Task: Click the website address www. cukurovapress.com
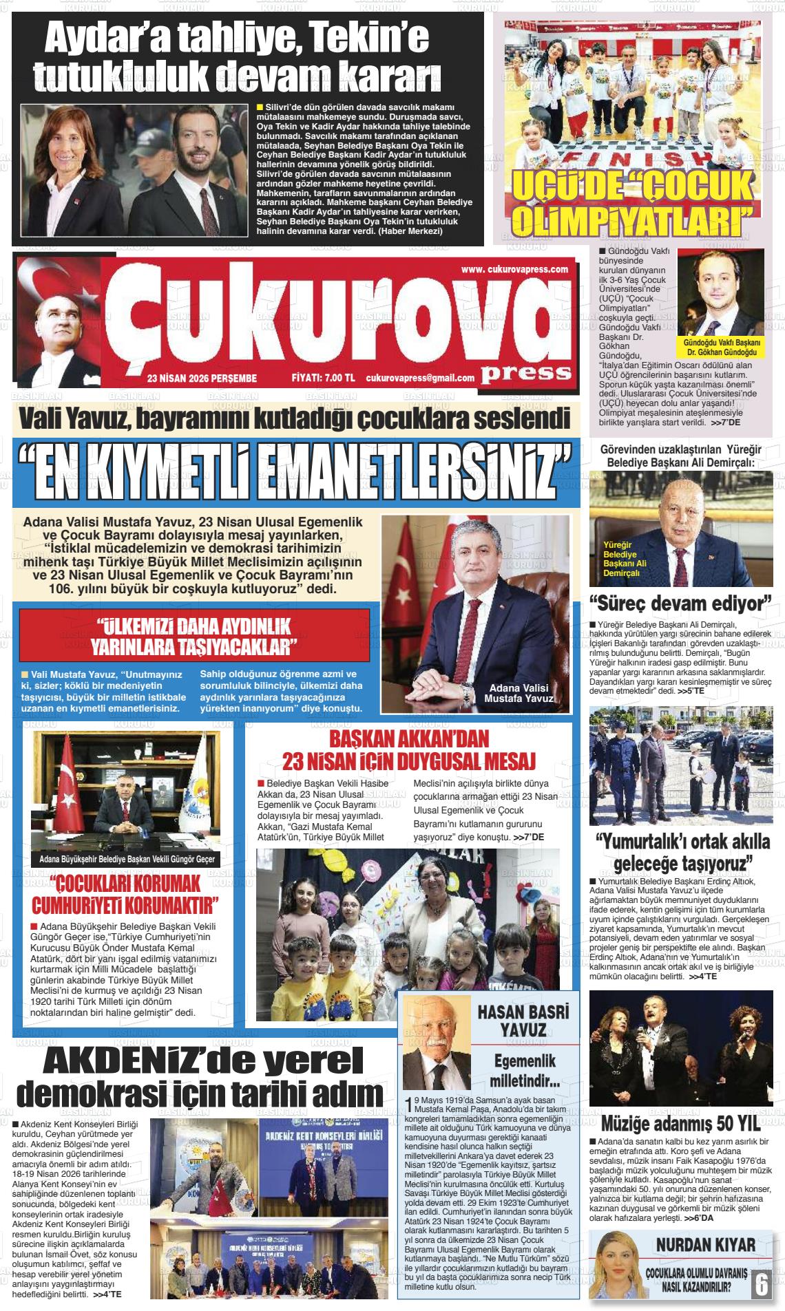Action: point(514,270)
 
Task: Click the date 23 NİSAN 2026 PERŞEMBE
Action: point(202,378)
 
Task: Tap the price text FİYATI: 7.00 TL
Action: point(323,378)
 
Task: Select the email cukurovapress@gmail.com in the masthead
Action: point(420,378)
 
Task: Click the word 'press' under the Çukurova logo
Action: point(527,372)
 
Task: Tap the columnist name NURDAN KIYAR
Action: point(705,1244)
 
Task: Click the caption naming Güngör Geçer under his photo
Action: point(127,859)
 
